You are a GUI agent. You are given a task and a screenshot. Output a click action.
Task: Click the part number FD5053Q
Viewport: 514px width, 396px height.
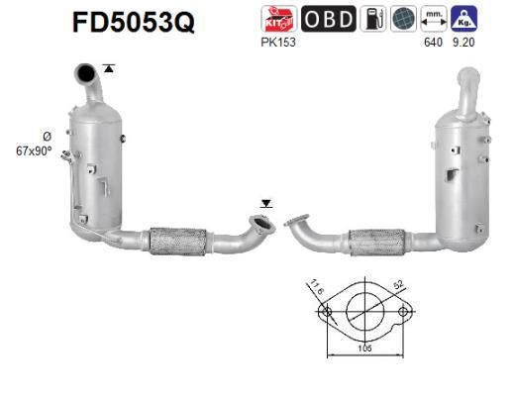[x=133, y=22]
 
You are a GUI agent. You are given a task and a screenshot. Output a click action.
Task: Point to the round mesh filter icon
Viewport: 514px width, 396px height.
[x=402, y=20]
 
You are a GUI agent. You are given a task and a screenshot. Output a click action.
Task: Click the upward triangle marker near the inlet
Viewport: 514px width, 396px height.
[x=108, y=67]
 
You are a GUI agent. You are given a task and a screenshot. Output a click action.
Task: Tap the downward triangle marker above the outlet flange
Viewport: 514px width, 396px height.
[x=265, y=203]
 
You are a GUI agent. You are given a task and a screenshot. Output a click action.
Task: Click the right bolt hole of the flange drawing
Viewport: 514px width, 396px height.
[x=402, y=314]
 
